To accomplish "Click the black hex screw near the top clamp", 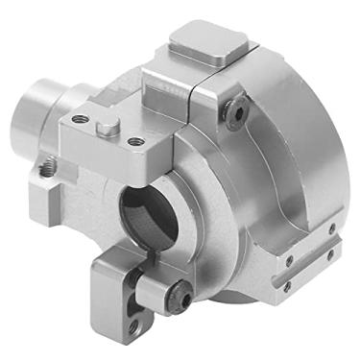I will pyautogui.click(x=233, y=111).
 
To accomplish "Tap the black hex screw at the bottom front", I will pyautogui.click(x=180, y=300).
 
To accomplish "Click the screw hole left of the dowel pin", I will pyautogui.click(x=80, y=120).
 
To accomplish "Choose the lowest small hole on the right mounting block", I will pyautogui.click(x=285, y=285).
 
